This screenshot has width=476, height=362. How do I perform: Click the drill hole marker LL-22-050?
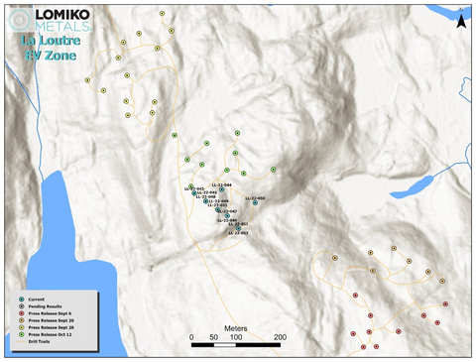coord(255,203)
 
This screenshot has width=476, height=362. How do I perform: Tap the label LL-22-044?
coord(221,184)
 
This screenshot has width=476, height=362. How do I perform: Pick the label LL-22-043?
coord(194,188)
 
